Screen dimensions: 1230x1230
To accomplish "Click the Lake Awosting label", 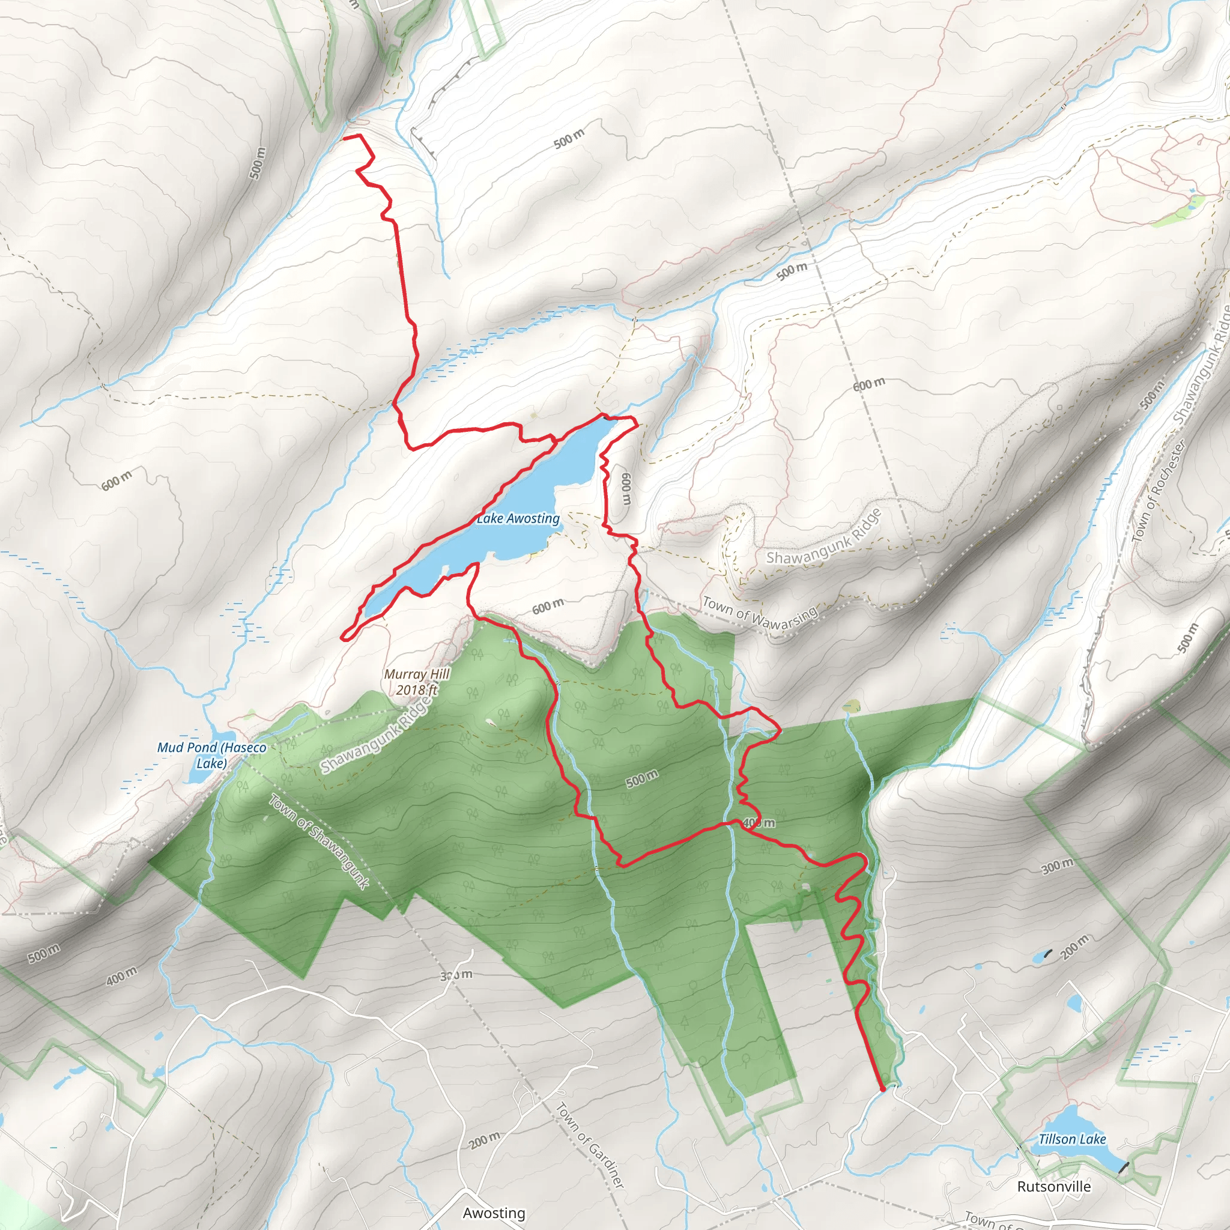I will click(x=518, y=519).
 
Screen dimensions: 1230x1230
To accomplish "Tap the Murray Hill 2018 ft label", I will click(x=417, y=682).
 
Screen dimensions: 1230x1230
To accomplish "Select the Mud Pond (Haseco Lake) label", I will click(x=211, y=755).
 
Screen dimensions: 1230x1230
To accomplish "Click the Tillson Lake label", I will click(x=1073, y=1139).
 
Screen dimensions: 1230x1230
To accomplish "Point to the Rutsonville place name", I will click(x=1053, y=1187).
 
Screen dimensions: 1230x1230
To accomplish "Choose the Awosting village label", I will click(x=494, y=1213).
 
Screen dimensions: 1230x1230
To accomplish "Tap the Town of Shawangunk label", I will click(x=318, y=841).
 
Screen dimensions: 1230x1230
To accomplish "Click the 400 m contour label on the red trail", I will click(x=759, y=823).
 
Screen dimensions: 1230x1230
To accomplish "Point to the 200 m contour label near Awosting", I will click(x=485, y=1141).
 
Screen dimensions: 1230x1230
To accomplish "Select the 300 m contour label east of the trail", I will click(x=1058, y=866).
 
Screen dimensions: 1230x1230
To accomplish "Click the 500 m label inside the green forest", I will click(x=642, y=778).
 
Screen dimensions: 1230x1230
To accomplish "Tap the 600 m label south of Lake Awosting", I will click(x=548, y=606).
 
